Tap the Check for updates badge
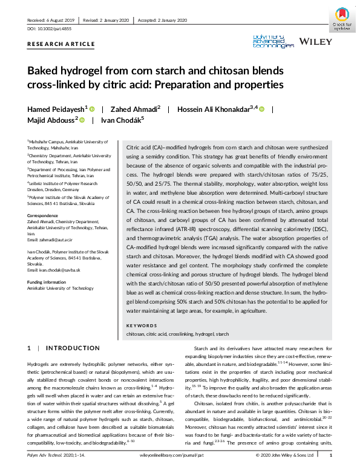343,19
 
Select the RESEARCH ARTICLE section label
61,44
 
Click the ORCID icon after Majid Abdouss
82,120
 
